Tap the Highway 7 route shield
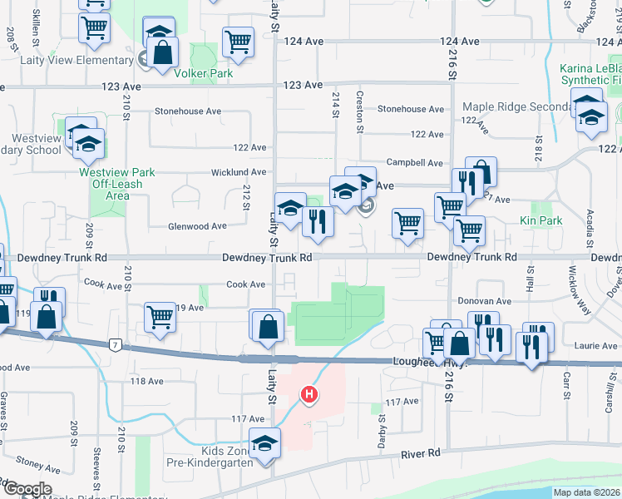point(114,344)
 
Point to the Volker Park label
point(203,73)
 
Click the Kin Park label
point(541,220)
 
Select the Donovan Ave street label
point(483,301)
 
